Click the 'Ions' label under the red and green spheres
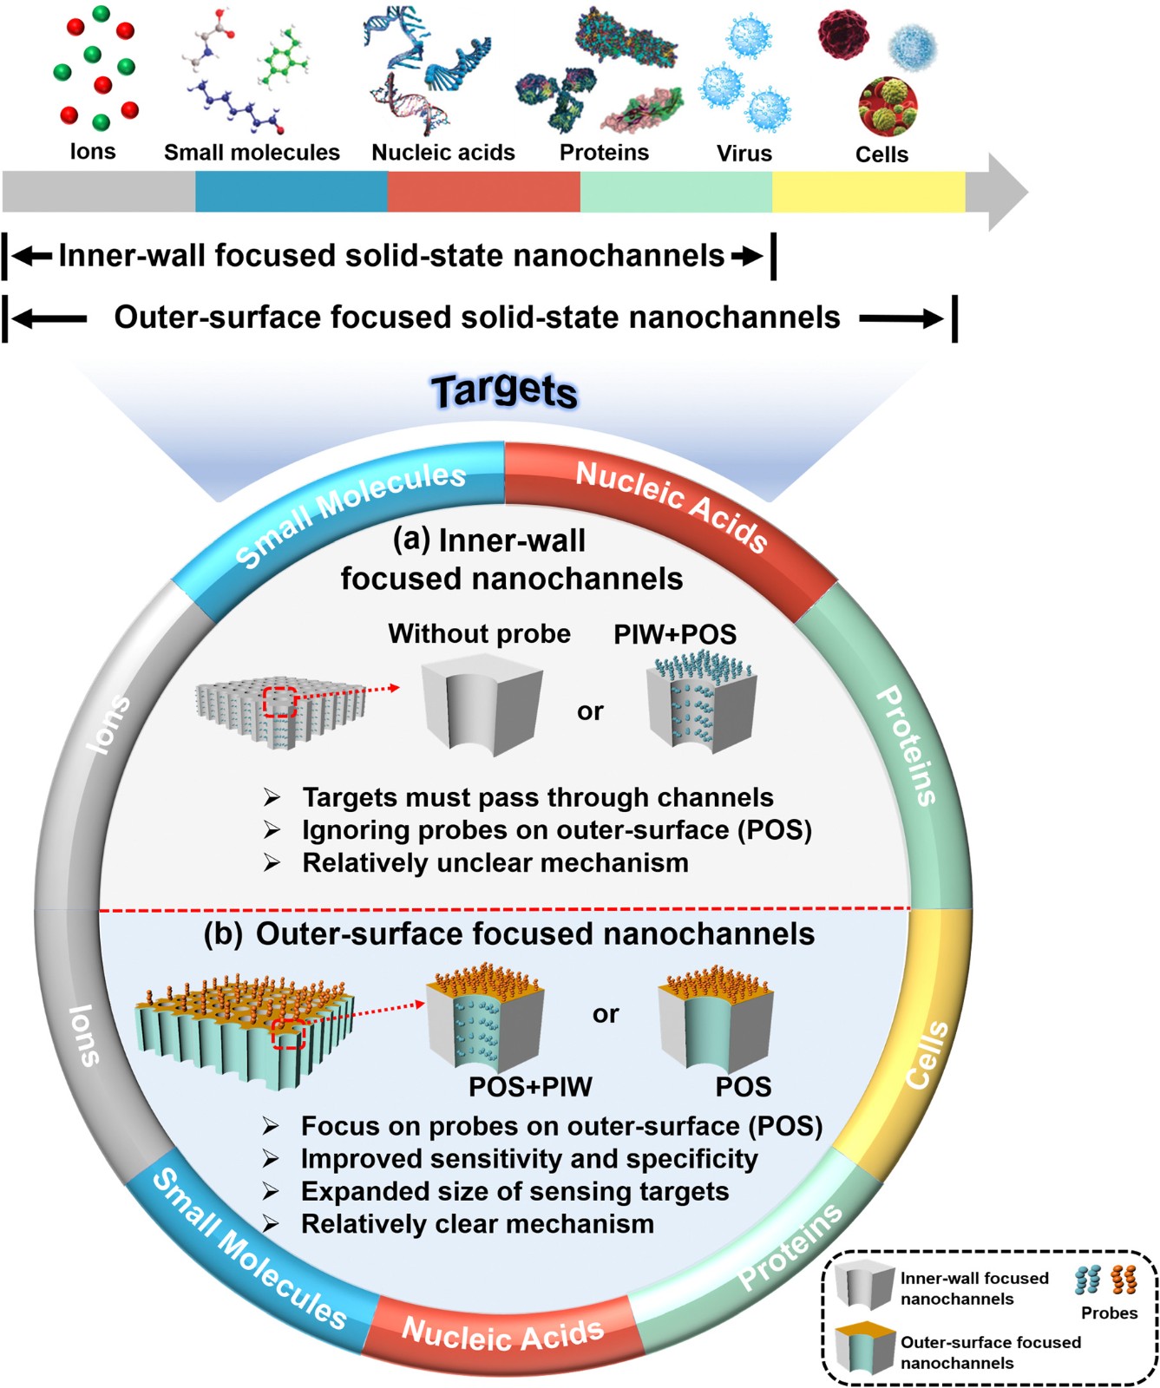(93, 152)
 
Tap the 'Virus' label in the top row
(744, 154)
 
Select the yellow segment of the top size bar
(868, 192)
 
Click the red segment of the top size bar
(483, 192)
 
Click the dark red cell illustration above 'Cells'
(843, 35)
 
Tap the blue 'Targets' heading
(504, 390)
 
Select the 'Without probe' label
(479, 634)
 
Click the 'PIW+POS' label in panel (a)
(674, 634)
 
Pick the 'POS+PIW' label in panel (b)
(530, 1086)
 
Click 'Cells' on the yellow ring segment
(927, 1054)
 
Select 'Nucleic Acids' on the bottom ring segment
(502, 1333)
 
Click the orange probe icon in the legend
(1124, 1280)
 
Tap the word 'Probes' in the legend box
(1109, 1313)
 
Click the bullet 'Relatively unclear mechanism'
(495, 863)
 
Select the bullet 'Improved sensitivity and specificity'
(528, 1159)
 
